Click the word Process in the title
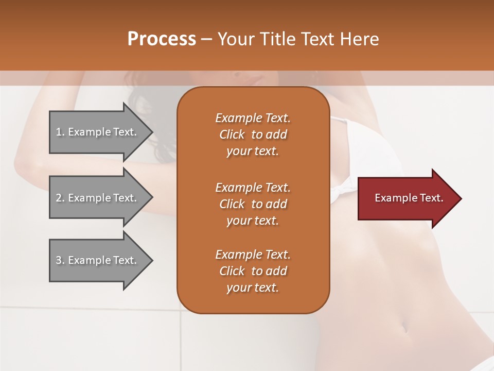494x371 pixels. coord(162,39)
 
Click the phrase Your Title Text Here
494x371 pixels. coord(298,39)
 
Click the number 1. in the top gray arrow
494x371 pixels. coord(60,132)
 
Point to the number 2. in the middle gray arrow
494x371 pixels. coord(60,198)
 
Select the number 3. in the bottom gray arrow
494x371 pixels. coord(60,260)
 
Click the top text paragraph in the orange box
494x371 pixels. coord(253,134)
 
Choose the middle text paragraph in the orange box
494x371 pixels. coord(253,204)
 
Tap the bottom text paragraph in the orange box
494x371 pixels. coord(253,271)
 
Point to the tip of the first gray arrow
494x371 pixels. coord(151,132)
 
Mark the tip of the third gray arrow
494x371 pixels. coord(151,260)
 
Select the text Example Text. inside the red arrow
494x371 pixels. coord(409,198)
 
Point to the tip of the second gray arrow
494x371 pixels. coord(151,198)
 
